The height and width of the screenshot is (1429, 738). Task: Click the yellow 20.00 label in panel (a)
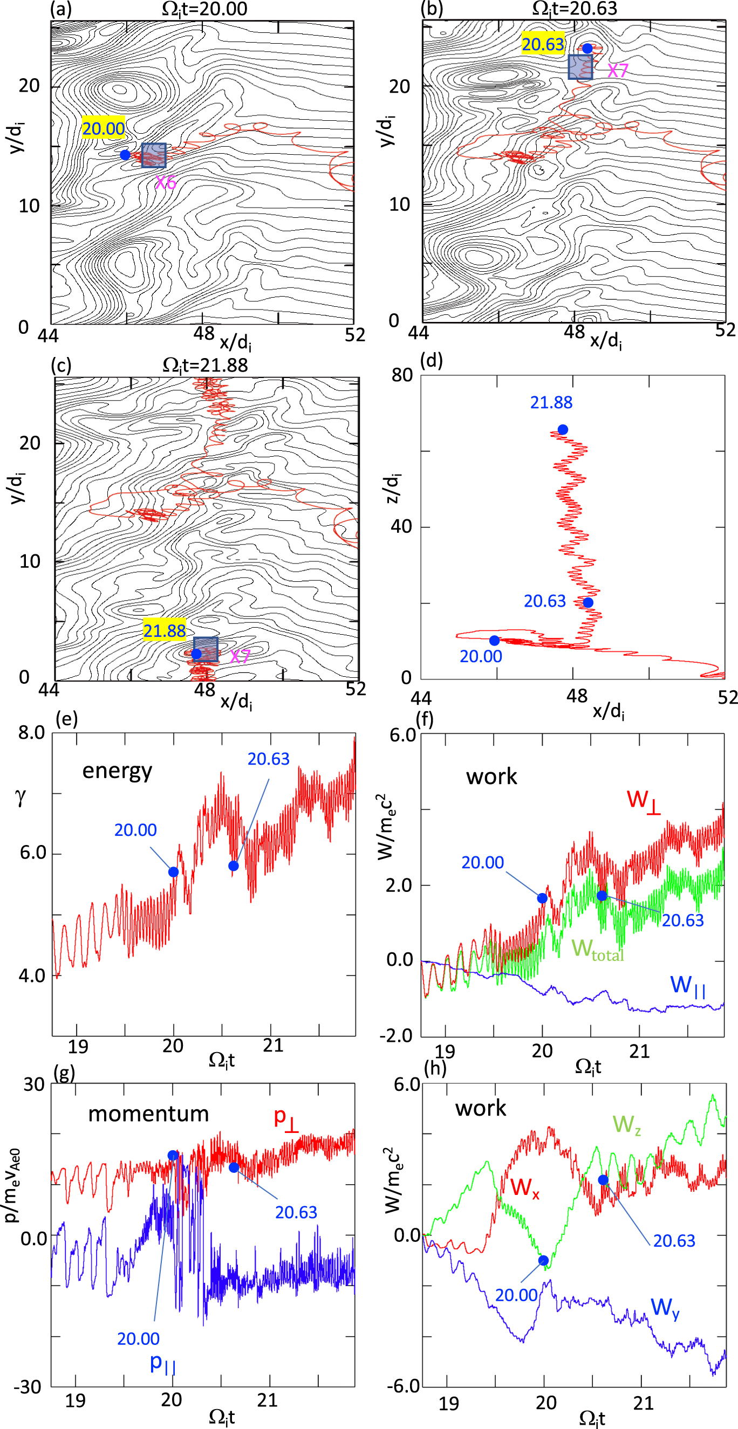click(x=103, y=129)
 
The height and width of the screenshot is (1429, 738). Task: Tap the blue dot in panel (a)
click(x=125, y=155)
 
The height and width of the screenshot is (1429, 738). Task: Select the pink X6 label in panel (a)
click(x=166, y=182)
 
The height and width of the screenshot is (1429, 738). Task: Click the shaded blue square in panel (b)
click(x=580, y=67)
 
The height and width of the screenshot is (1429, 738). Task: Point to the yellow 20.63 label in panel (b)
click(x=543, y=44)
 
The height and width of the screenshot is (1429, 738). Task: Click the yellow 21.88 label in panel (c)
click(x=164, y=631)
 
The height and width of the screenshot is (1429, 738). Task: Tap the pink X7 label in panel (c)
click(x=240, y=657)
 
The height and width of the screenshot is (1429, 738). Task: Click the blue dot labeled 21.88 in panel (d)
click(x=563, y=429)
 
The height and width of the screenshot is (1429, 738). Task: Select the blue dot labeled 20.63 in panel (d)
click(x=588, y=602)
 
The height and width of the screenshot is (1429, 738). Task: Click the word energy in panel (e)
click(x=117, y=771)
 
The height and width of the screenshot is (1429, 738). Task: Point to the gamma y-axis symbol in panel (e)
click(x=21, y=797)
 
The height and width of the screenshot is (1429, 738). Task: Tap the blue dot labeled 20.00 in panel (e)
click(x=173, y=872)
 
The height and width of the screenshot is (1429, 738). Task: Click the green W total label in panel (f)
click(x=598, y=949)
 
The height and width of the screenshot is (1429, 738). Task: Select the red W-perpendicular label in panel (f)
click(x=643, y=800)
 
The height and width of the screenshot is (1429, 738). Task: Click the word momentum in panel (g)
click(x=148, y=1114)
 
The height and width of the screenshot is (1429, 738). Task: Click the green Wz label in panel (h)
click(x=626, y=1125)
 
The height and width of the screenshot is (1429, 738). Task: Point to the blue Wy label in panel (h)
click(x=665, y=1309)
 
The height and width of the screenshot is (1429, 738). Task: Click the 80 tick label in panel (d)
click(x=402, y=375)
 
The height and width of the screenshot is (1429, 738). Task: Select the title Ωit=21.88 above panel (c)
click(x=205, y=365)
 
